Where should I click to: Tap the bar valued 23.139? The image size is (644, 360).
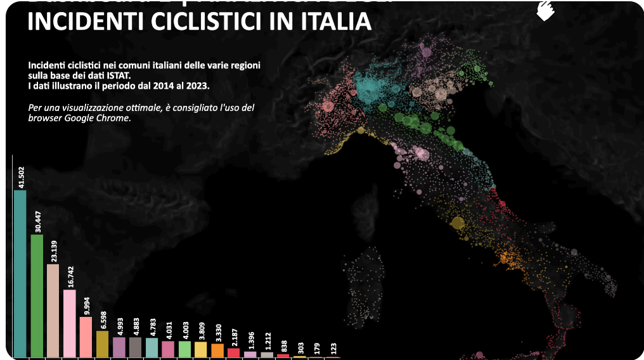point(53,311)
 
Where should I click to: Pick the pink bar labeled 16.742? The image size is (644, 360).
point(70,323)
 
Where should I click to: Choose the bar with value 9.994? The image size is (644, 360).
point(86,337)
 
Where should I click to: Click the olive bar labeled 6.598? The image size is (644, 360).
point(103,344)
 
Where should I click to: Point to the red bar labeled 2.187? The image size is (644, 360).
point(234,352)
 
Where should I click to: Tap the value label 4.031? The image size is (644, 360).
point(169,326)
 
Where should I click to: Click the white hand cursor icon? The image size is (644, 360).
point(544,11)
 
